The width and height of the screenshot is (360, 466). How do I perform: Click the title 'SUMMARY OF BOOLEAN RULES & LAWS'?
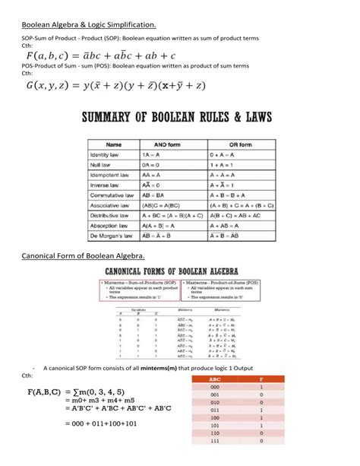click(x=179, y=120)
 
